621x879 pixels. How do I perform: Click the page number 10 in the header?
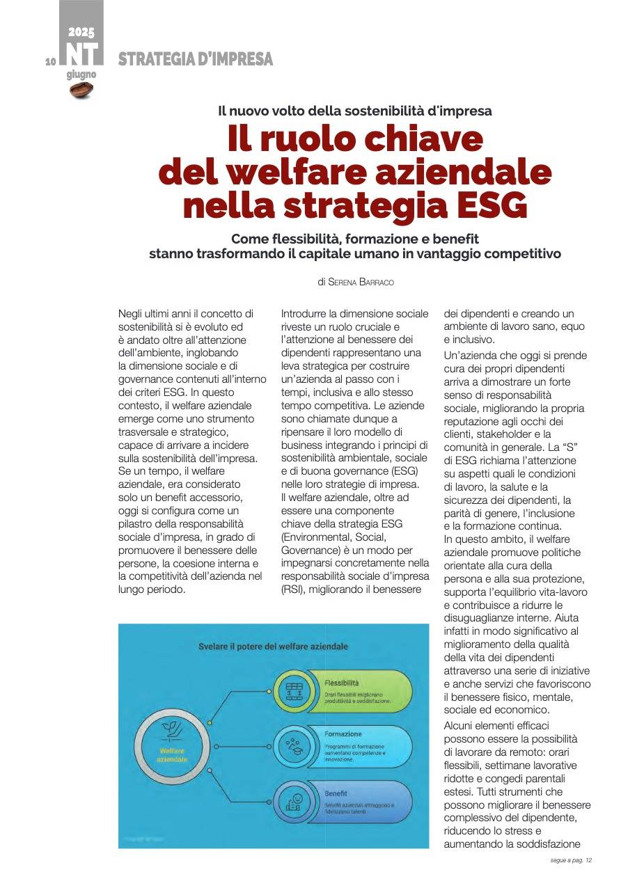coord(50,62)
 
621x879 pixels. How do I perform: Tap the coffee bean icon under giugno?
coord(81,89)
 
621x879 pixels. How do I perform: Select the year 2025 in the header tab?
coord(81,32)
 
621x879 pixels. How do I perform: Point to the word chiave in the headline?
coord(425,139)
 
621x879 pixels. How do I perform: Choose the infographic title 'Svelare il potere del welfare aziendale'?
coord(273,646)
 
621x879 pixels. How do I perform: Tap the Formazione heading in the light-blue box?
coord(343,734)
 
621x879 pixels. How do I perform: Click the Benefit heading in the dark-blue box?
coord(336,793)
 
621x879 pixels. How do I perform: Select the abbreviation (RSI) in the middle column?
coord(293,589)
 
